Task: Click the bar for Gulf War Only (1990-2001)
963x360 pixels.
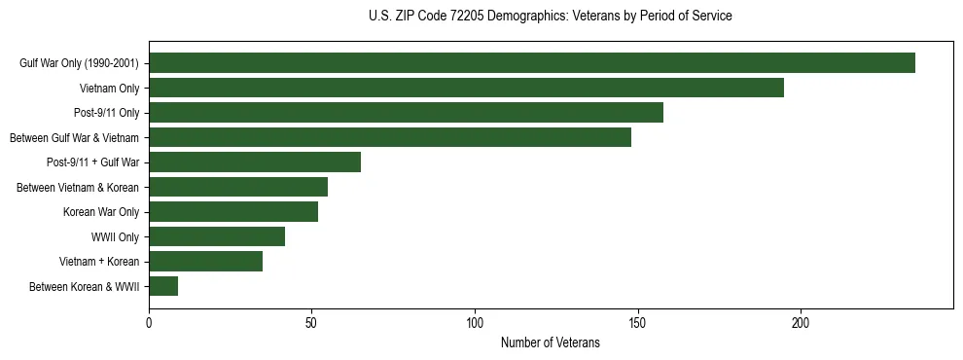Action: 532,63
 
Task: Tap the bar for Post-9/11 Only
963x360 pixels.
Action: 406,113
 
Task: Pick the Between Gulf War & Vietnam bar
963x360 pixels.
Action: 390,137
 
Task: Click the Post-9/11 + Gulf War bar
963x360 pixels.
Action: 255,162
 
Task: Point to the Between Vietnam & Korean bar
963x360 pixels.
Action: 238,187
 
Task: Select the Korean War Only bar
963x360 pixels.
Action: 233,212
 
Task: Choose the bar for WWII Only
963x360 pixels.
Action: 217,236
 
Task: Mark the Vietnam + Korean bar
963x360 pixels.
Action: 205,262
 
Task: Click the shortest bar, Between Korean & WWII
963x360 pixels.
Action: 163,286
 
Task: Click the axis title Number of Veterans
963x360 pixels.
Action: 550,342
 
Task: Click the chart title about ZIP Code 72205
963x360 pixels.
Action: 550,17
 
